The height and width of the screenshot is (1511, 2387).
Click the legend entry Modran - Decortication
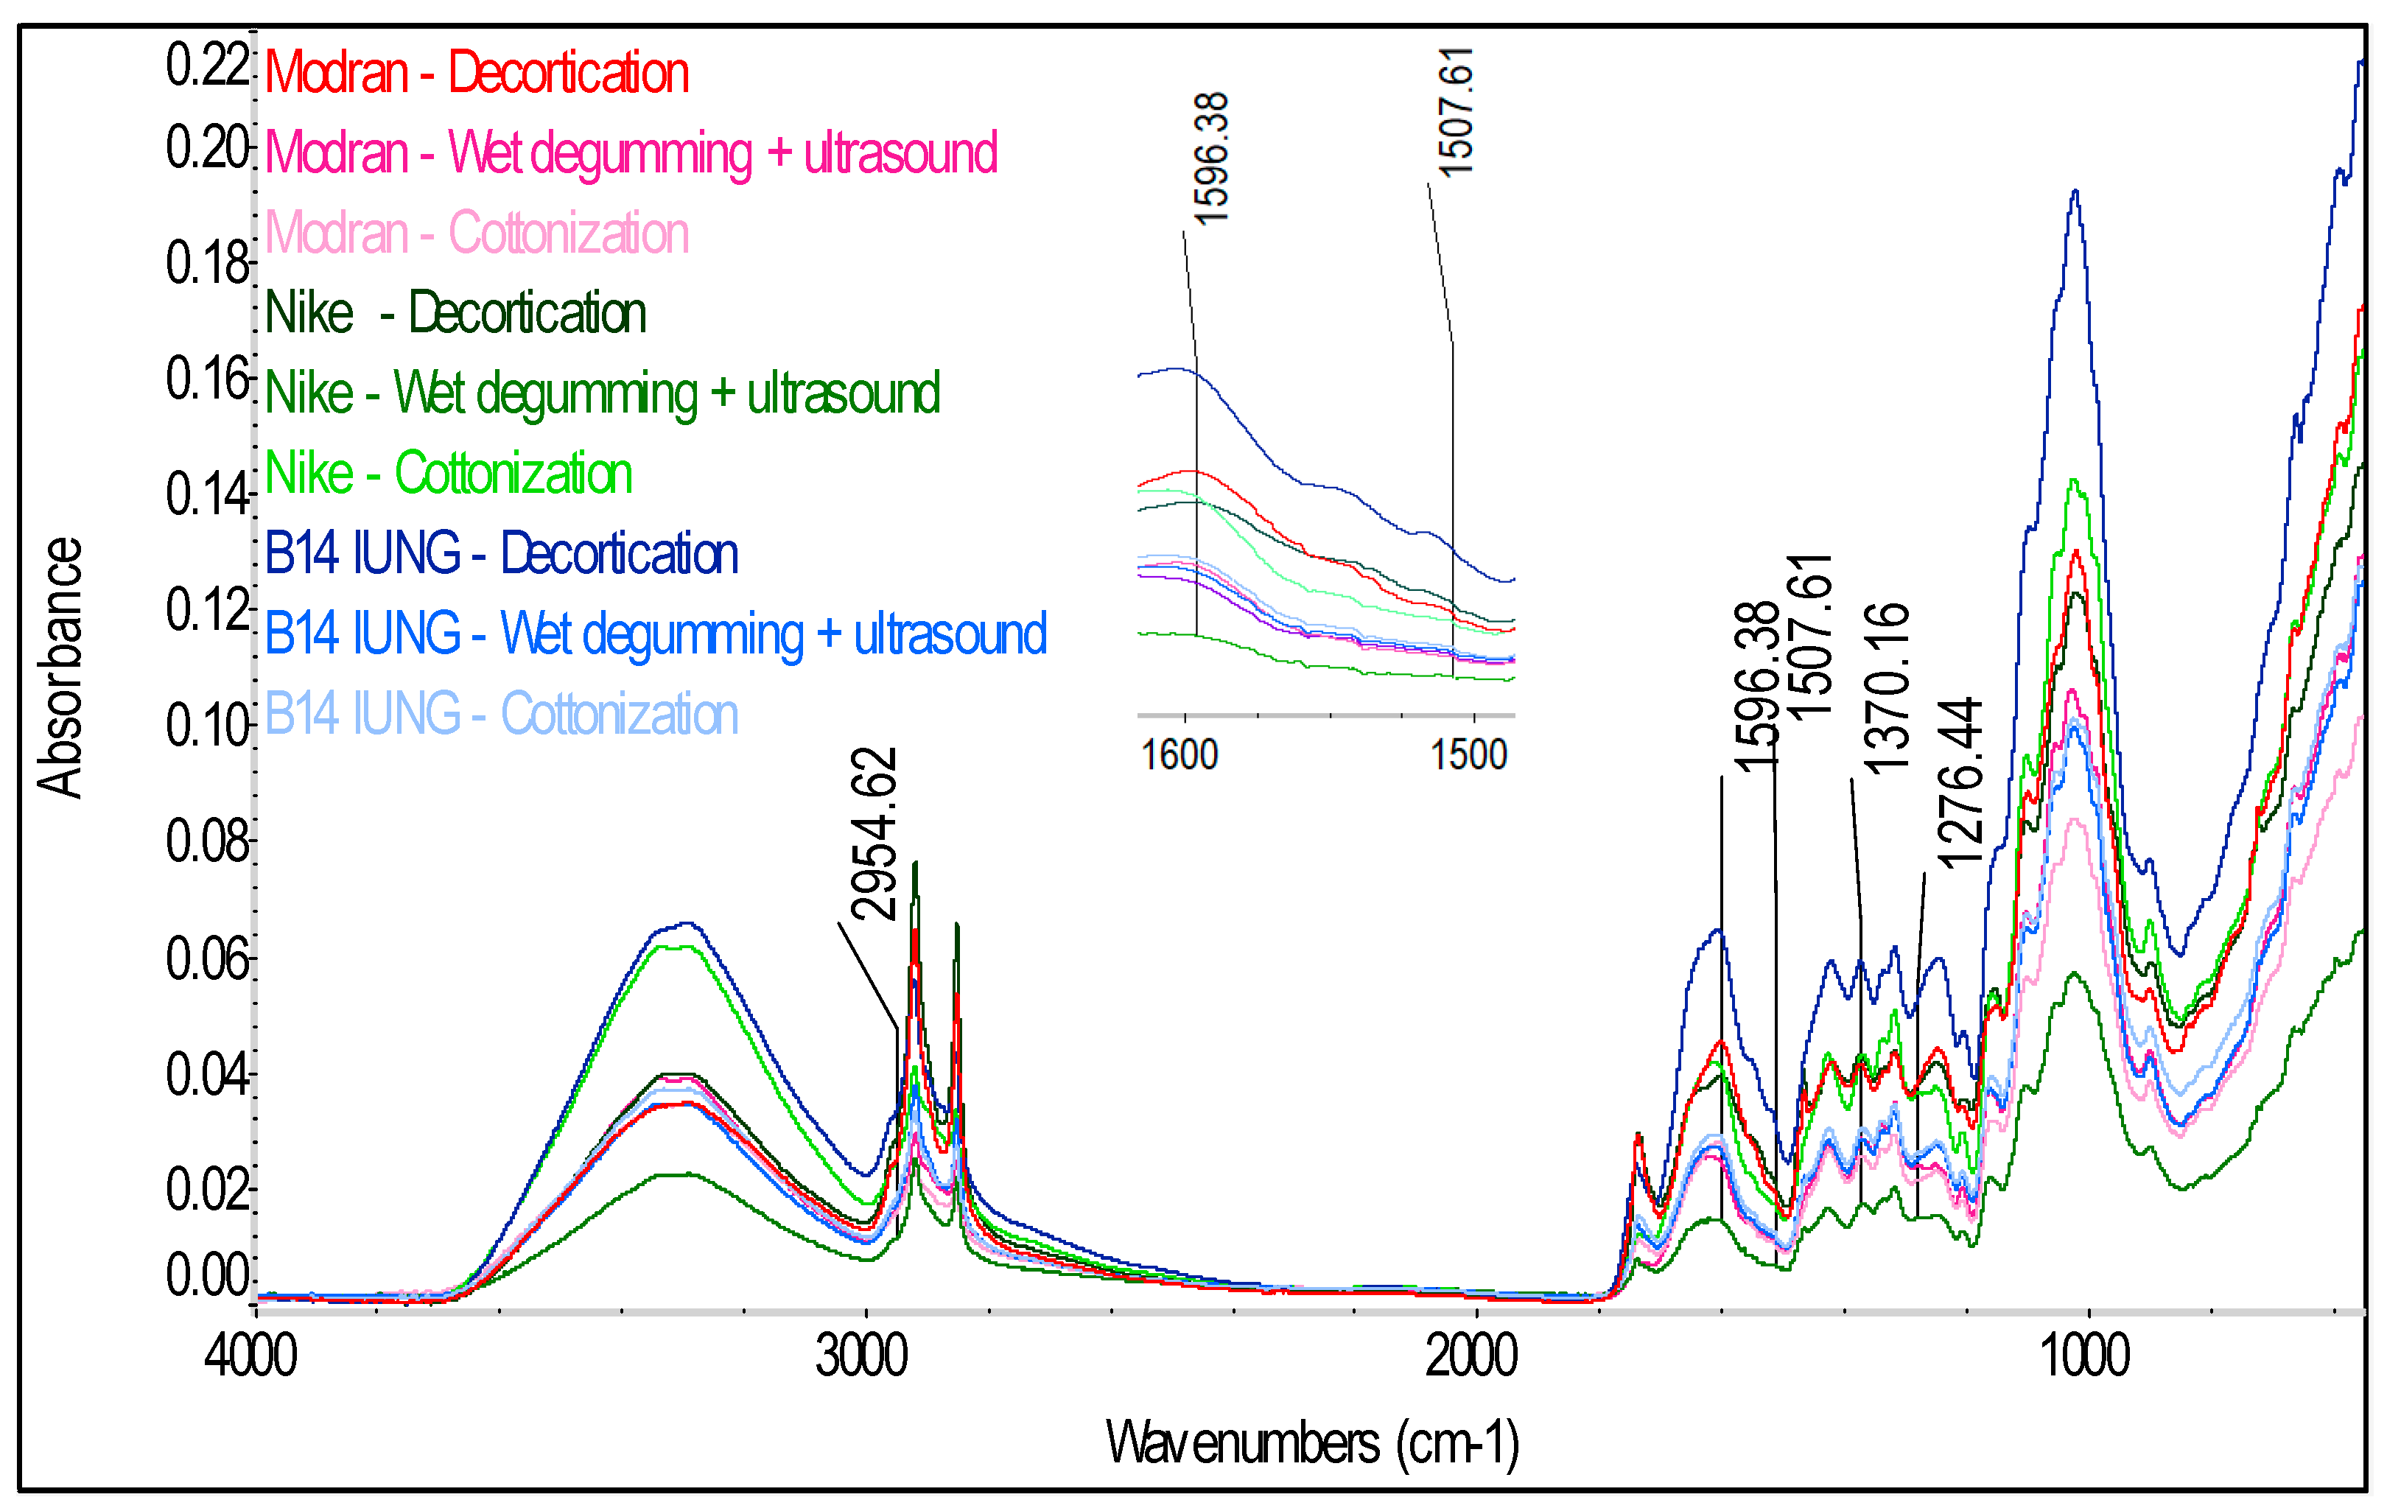(476, 74)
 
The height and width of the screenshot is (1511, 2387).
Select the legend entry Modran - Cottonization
(476, 234)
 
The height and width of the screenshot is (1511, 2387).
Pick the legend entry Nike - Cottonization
(448, 473)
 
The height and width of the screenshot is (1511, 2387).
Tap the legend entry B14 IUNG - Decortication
(500, 553)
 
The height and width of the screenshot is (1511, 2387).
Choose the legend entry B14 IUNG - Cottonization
(500, 714)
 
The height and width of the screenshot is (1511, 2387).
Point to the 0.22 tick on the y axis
(206, 66)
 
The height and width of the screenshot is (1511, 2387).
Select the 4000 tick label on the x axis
(250, 1356)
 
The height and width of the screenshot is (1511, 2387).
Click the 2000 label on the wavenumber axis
(1471, 1356)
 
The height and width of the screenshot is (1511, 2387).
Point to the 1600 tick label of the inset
(1180, 756)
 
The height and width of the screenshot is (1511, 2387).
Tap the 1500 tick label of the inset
(1468, 756)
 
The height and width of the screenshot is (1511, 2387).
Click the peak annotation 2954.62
(874, 834)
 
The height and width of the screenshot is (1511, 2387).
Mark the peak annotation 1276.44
(1960, 783)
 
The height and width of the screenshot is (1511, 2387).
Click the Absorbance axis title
(60, 667)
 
